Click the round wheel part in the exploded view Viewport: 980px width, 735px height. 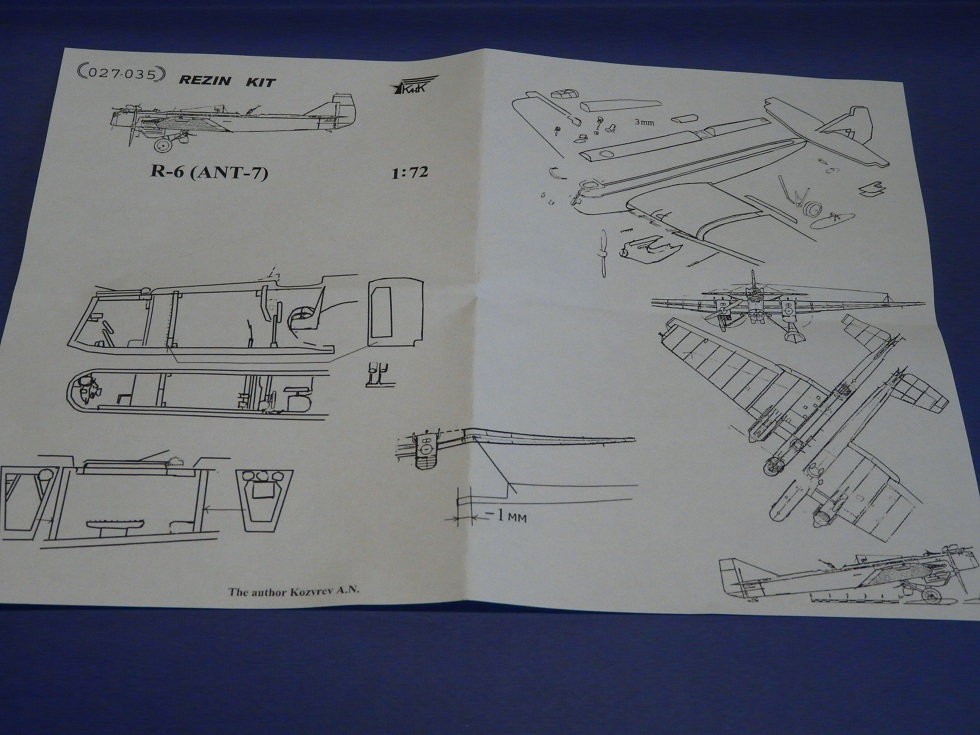(812, 211)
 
